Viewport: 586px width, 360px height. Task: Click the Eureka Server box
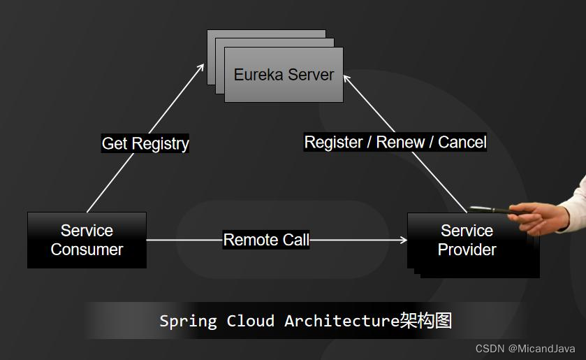pyautogui.click(x=284, y=75)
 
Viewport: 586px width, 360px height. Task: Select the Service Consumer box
pyautogui.click(x=87, y=240)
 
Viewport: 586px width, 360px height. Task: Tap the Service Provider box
pyautogui.click(x=467, y=240)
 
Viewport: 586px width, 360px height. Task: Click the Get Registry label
pyautogui.click(x=145, y=143)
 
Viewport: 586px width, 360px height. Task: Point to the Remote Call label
pyautogui.click(x=266, y=240)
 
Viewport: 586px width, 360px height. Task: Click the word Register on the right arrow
pyautogui.click(x=333, y=143)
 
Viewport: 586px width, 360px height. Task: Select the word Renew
pyautogui.click(x=400, y=143)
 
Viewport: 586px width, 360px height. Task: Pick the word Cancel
pyautogui.click(x=462, y=143)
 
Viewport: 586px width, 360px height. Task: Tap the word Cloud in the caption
pyautogui.click(x=250, y=321)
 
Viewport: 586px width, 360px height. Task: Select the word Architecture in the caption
pyautogui.click(x=342, y=321)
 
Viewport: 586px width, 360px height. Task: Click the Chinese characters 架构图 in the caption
pyautogui.click(x=426, y=321)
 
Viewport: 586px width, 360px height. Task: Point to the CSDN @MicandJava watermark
pyautogui.click(x=525, y=348)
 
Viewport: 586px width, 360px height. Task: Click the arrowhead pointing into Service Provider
pyautogui.click(x=404, y=240)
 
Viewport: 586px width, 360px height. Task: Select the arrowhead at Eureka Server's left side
pyautogui.click(x=201, y=66)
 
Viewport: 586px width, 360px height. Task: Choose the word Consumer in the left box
pyautogui.click(x=87, y=250)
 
